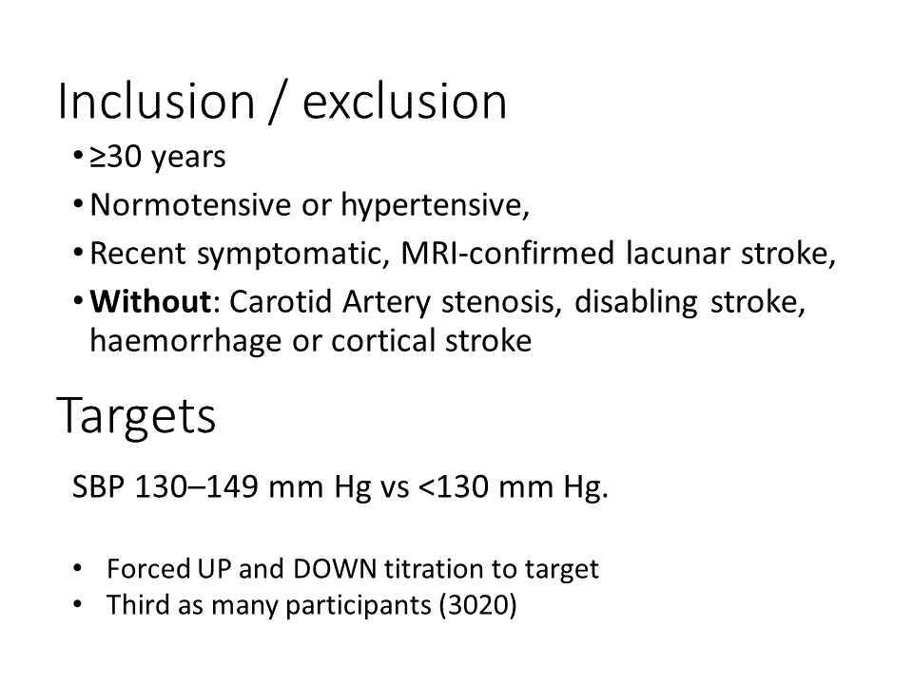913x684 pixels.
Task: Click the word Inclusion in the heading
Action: pos(156,102)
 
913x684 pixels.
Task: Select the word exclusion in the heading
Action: pos(405,102)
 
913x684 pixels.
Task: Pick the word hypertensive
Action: pos(435,206)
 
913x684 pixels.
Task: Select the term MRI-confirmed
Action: pos(508,253)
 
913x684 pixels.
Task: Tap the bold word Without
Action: pos(150,302)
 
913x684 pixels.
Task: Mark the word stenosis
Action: pos(501,302)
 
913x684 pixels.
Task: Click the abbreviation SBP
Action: pos(98,486)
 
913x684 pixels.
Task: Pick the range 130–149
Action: pos(196,486)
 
